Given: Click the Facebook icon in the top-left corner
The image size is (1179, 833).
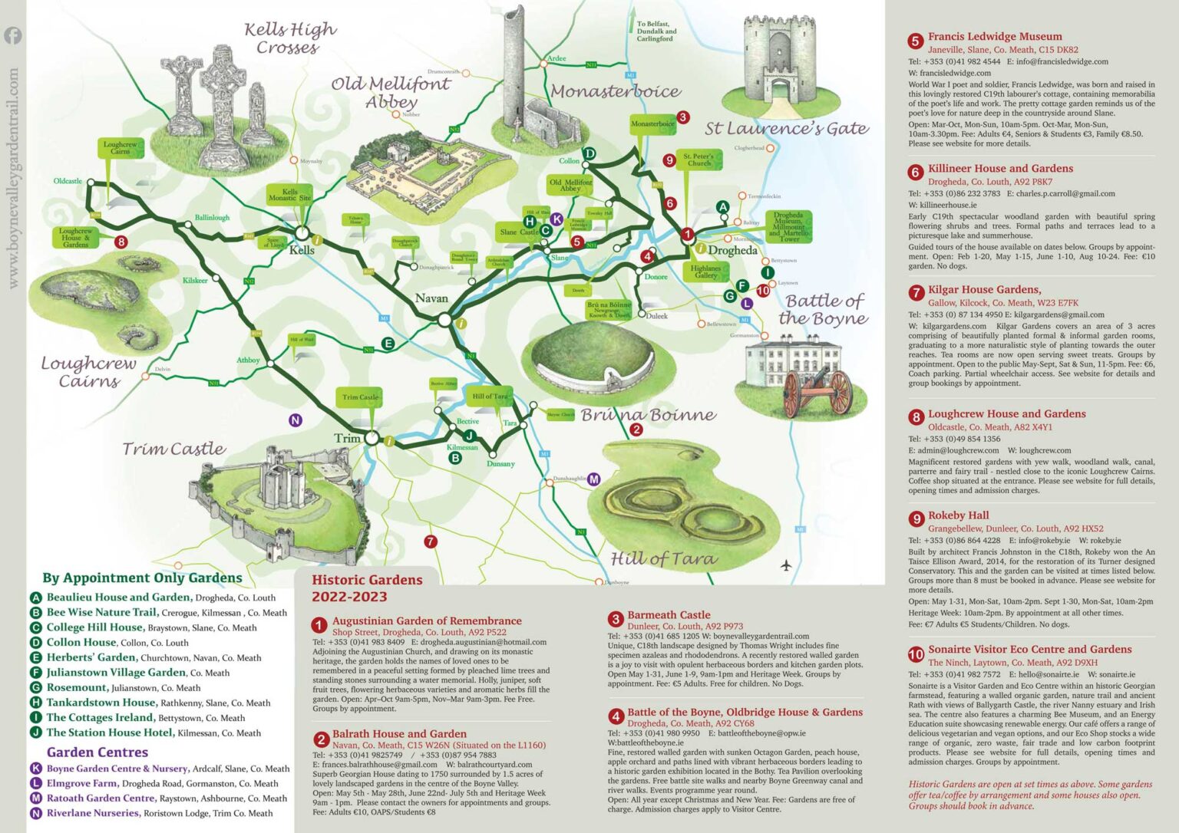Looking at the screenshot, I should (x=13, y=35).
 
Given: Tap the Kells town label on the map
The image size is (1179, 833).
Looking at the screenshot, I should (x=302, y=250).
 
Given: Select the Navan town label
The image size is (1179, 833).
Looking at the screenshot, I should (x=431, y=298).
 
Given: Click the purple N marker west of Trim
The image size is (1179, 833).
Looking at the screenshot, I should (x=295, y=420).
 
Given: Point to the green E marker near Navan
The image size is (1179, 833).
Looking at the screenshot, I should (x=388, y=344).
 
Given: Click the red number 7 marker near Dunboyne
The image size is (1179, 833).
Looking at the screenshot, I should (x=431, y=542).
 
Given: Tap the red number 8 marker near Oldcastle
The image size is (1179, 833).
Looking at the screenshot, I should (x=121, y=242).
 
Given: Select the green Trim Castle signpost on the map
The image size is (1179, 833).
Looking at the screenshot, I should (x=360, y=397).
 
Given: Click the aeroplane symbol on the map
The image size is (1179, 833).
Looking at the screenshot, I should (x=785, y=565).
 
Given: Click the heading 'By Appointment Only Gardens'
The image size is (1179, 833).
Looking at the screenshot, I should (x=142, y=578).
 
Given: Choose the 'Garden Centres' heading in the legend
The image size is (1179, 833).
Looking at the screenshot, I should (x=97, y=752).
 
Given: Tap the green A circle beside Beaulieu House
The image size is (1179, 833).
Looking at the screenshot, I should (x=36, y=598).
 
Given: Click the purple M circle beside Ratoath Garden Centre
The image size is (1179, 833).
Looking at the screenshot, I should (x=36, y=798).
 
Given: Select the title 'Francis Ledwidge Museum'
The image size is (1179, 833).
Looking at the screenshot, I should (x=995, y=36).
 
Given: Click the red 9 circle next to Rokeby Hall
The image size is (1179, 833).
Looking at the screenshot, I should (x=916, y=519).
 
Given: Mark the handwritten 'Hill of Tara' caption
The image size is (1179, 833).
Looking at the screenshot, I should (x=663, y=558).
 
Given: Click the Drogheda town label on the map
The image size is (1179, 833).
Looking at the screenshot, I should (x=732, y=250).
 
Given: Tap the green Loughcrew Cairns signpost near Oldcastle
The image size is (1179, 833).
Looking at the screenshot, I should (x=120, y=148).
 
